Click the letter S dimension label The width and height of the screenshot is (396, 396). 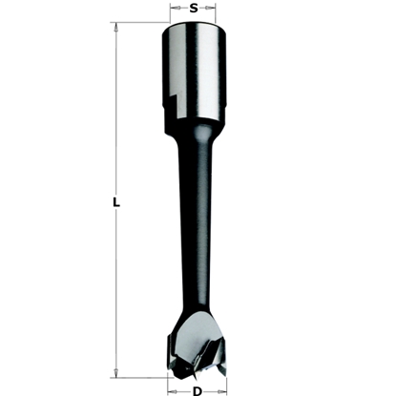tap(195, 9)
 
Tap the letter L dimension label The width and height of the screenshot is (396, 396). tap(115, 202)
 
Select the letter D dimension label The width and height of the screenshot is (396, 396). tap(196, 390)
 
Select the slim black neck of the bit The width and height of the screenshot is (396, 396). tap(194, 229)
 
